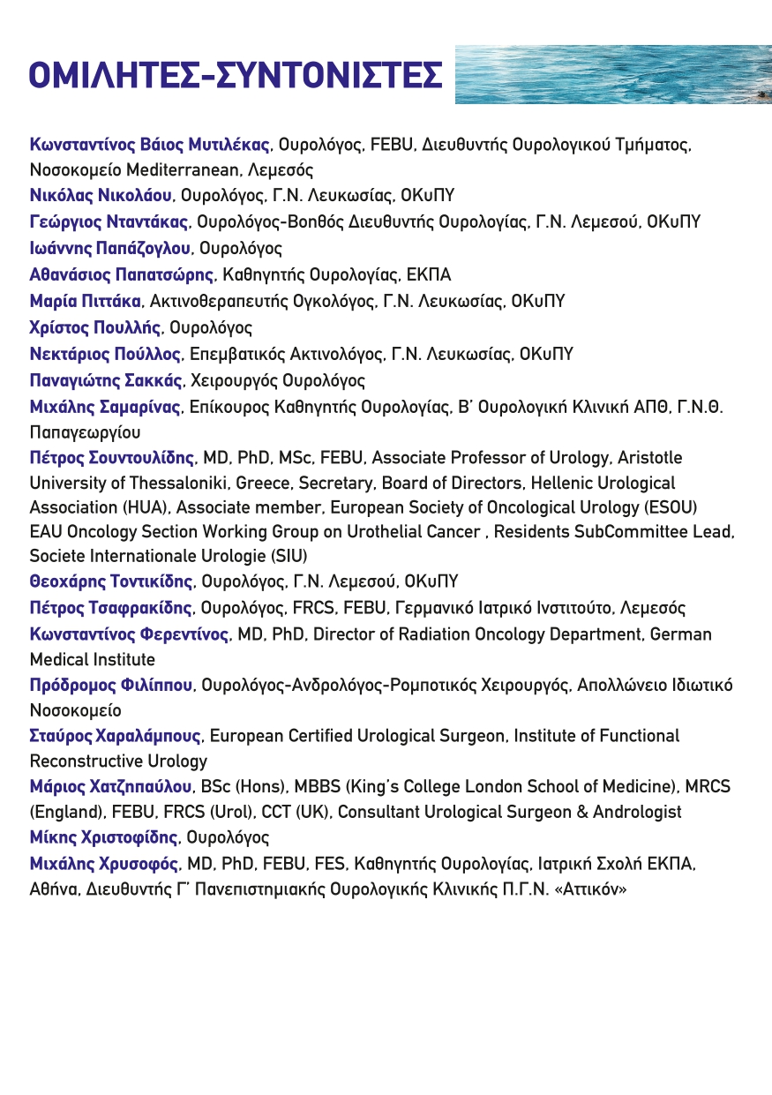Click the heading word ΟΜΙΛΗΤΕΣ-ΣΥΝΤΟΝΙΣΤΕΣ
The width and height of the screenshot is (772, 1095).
click(236, 77)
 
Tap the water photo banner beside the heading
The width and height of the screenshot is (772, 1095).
click(613, 75)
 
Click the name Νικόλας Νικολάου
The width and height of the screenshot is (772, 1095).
click(101, 195)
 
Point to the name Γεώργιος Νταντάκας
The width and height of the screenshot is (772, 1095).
click(109, 221)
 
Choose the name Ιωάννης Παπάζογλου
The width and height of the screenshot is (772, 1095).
click(110, 248)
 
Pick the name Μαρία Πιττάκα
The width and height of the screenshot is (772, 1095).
click(85, 301)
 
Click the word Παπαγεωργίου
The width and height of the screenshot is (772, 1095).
click(85, 432)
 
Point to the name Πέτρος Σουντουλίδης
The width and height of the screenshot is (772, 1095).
click(112, 458)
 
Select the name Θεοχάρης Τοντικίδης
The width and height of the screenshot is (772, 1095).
click(111, 581)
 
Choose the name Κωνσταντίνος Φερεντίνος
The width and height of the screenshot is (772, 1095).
click(130, 634)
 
